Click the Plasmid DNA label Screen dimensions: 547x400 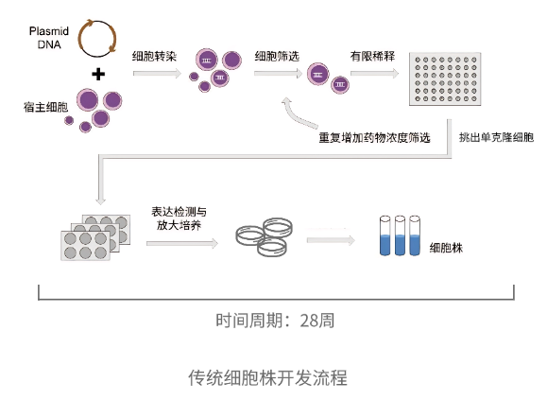pyautogui.click(x=49, y=38)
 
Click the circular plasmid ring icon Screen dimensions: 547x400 pyautogui.click(x=79, y=39)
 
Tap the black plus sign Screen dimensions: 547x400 pyautogui.click(x=98, y=74)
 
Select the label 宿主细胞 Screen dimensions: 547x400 pyautogui.click(x=45, y=107)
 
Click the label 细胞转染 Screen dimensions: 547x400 pyautogui.click(x=154, y=56)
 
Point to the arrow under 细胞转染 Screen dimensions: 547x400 pyautogui.click(x=158, y=73)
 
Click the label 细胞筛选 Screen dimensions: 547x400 pyautogui.click(x=277, y=56)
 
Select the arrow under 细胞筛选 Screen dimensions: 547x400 pyautogui.click(x=278, y=74)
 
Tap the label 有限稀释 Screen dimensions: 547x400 pyautogui.click(x=372, y=56)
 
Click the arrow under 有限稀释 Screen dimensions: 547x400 pyautogui.click(x=374, y=74)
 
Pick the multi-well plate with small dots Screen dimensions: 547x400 pyautogui.click(x=445, y=78)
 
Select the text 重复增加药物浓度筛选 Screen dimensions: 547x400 pyautogui.click(x=374, y=138)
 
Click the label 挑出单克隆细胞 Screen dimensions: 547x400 pyautogui.click(x=496, y=137)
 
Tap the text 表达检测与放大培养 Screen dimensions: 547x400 pyautogui.click(x=179, y=218)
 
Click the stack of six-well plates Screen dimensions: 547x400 pyautogui.click(x=95, y=237)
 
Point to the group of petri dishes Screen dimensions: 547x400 pyautogui.click(x=265, y=236)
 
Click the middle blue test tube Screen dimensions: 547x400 pyautogui.click(x=400, y=235)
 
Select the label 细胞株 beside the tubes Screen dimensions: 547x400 pyautogui.click(x=446, y=248)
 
